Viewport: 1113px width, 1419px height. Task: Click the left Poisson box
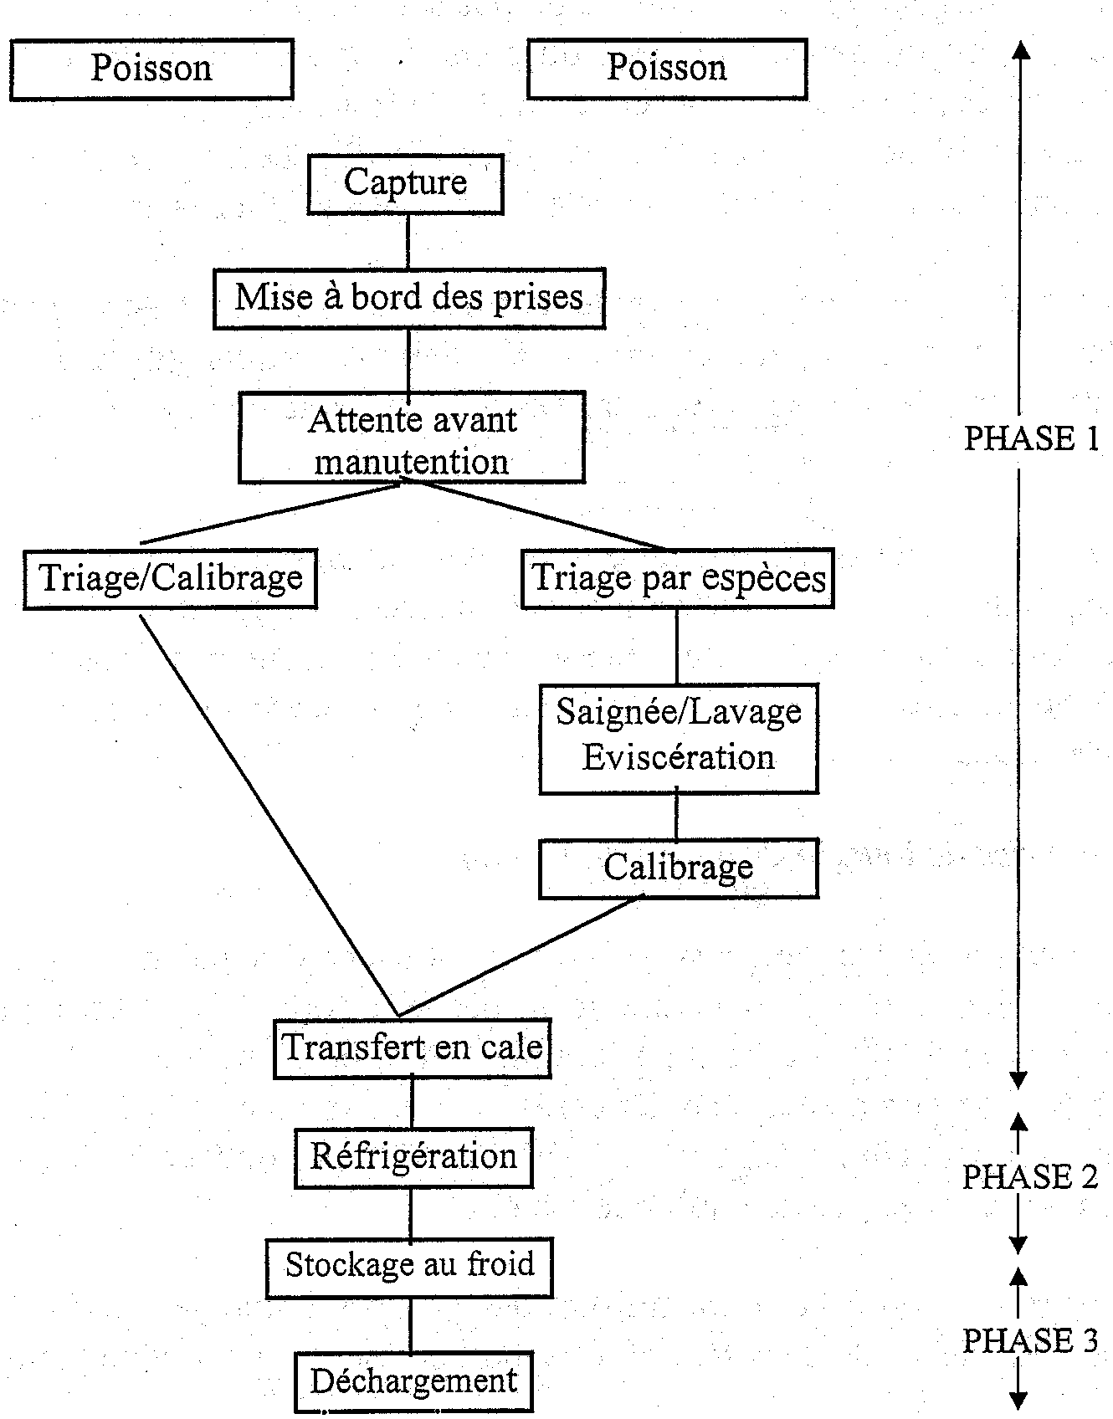tap(151, 69)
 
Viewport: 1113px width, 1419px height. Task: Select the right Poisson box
tap(667, 69)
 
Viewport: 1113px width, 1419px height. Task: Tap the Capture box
tap(406, 183)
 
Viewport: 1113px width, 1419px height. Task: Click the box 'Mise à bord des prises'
tap(408, 298)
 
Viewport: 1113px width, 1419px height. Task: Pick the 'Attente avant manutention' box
tap(412, 438)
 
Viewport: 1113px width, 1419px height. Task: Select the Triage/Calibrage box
tap(170, 578)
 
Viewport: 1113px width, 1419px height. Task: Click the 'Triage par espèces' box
tap(678, 578)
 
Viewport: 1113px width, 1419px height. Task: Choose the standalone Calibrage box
tap(679, 868)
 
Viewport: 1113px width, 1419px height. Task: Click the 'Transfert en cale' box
tap(412, 1048)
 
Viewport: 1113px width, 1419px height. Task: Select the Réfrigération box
tap(413, 1157)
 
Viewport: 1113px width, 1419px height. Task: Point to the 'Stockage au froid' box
tap(409, 1267)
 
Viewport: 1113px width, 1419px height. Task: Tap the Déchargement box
tap(413, 1381)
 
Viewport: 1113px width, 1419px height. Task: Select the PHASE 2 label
tap(1029, 1177)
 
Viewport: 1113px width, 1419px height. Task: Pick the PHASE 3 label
tap(1029, 1340)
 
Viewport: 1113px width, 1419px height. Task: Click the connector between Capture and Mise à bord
tap(408, 242)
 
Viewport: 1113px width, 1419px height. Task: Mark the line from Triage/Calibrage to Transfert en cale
tap(268, 812)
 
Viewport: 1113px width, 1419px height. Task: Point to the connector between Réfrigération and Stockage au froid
tap(411, 1213)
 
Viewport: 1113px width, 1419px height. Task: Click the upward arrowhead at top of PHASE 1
tap(1020, 50)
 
